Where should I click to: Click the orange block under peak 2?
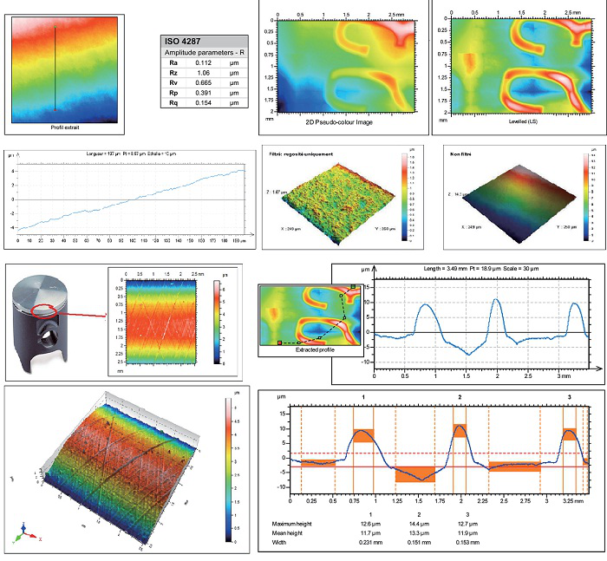460,429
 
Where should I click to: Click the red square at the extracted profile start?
279,343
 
